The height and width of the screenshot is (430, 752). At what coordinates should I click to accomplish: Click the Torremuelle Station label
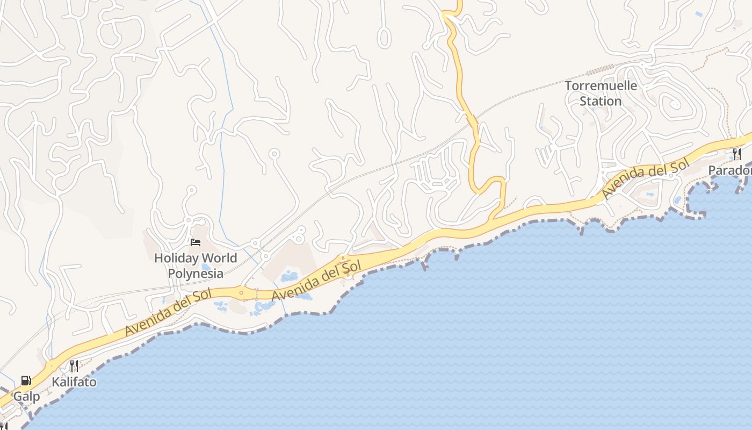[x=601, y=93]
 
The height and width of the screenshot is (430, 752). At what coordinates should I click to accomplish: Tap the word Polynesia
[x=196, y=273]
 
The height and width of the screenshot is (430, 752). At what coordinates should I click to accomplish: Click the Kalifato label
[x=74, y=382]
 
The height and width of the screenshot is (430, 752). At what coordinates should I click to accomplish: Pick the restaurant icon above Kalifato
[x=74, y=366]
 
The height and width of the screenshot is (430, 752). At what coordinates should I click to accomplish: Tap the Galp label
[x=27, y=397]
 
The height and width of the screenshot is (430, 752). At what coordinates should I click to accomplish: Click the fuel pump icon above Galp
[x=26, y=381]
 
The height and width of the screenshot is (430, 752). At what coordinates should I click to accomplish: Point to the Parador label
[x=729, y=170]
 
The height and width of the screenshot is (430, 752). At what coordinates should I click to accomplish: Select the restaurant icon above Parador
[x=736, y=154]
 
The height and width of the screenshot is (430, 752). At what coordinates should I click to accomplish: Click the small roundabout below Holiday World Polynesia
[x=241, y=293]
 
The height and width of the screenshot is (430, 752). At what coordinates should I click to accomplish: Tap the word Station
[x=601, y=101]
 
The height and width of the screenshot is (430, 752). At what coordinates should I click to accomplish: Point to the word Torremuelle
[x=601, y=85]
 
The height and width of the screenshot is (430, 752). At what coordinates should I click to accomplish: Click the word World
[x=217, y=258]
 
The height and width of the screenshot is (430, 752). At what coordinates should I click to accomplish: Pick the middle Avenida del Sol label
[x=316, y=280]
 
